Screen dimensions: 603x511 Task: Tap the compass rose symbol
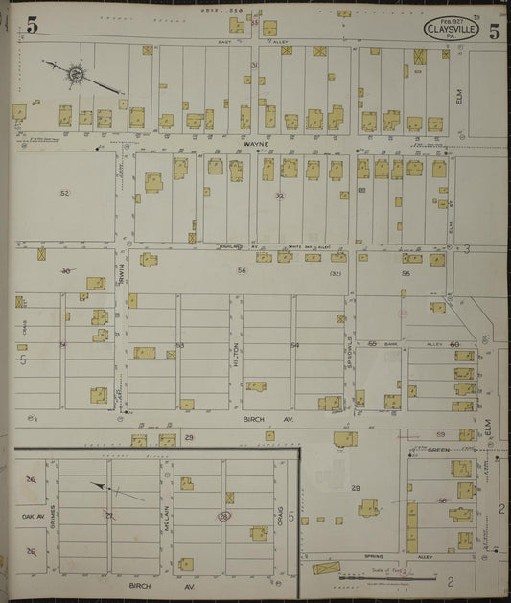pos(74,72)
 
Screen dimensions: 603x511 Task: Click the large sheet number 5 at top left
pos(32,26)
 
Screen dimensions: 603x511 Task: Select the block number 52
pos(64,194)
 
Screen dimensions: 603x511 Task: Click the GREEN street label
pos(438,449)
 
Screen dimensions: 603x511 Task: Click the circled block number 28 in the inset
pos(223,517)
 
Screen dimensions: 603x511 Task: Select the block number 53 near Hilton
pos(179,345)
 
